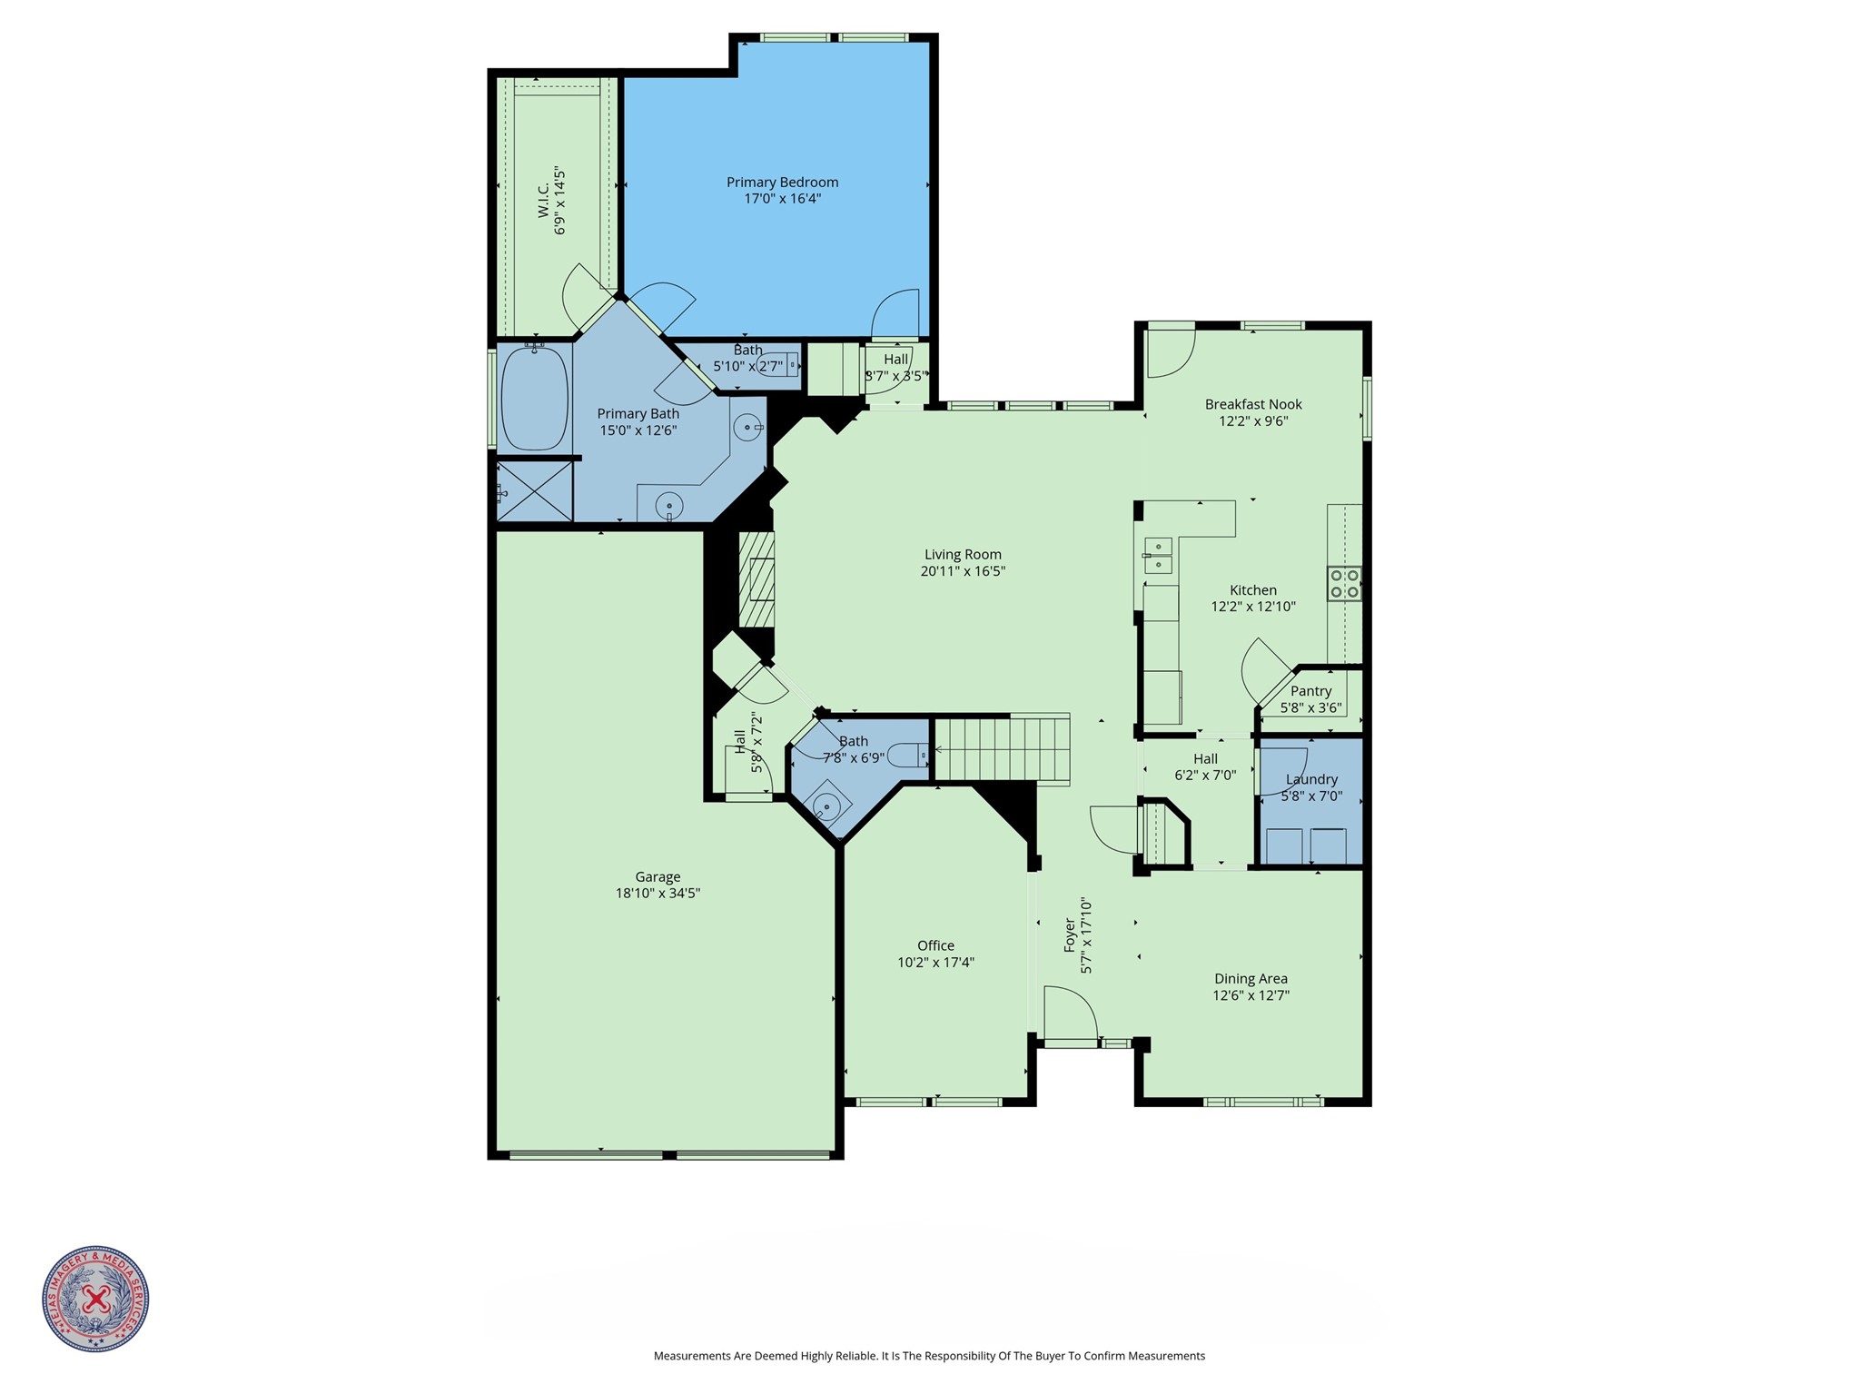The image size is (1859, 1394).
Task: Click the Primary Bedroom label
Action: [782, 183]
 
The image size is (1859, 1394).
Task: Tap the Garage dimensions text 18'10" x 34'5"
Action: [658, 894]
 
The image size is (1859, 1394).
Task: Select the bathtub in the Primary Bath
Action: [534, 399]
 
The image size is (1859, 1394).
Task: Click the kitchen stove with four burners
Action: [1344, 583]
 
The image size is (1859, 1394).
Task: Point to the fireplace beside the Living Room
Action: [756, 579]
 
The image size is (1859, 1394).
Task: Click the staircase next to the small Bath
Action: [1002, 748]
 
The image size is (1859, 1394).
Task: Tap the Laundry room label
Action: [1311, 779]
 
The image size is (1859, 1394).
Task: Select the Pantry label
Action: [1310, 691]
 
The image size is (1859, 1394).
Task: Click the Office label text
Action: [935, 945]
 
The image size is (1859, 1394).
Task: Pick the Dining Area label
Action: [1251, 979]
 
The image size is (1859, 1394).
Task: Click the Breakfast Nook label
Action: [1253, 404]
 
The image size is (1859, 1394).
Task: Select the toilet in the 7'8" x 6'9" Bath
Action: [908, 755]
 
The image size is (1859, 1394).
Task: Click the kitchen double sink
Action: [1158, 555]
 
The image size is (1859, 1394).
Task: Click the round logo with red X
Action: [95, 1298]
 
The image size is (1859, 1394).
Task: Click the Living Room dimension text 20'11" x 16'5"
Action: [963, 571]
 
